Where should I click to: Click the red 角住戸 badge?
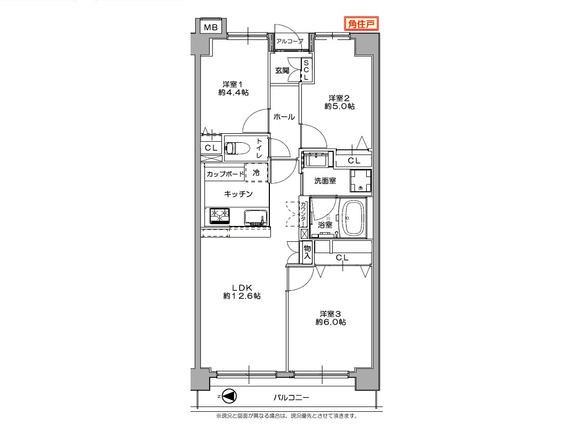point(361,24)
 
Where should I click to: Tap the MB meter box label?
point(211,27)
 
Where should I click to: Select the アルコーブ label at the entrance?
point(290,41)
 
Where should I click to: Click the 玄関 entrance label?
point(282,70)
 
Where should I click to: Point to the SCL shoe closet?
point(306,70)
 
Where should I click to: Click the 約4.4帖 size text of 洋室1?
point(234,93)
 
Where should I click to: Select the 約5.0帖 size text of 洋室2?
point(340,107)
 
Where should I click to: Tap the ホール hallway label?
point(284,117)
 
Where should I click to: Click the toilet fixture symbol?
point(237,148)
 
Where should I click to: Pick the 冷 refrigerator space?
point(257,173)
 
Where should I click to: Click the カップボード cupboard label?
point(225,174)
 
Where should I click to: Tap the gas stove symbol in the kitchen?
point(219,215)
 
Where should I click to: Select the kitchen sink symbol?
point(256,218)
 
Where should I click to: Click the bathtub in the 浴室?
point(352,219)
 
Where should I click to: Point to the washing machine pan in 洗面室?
point(360,181)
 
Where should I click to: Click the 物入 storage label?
point(307,253)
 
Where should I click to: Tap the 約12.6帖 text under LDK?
point(242,296)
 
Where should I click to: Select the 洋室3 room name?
point(331,314)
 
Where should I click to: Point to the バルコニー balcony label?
point(291,397)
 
